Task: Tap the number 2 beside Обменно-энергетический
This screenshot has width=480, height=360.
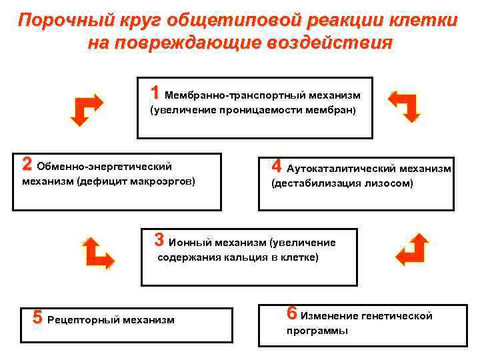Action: pyautogui.click(x=27, y=163)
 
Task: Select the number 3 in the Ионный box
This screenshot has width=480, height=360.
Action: pyautogui.click(x=159, y=239)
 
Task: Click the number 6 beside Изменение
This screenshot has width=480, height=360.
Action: pyautogui.click(x=292, y=313)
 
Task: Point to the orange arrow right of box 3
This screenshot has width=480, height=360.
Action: pyautogui.click(x=411, y=251)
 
